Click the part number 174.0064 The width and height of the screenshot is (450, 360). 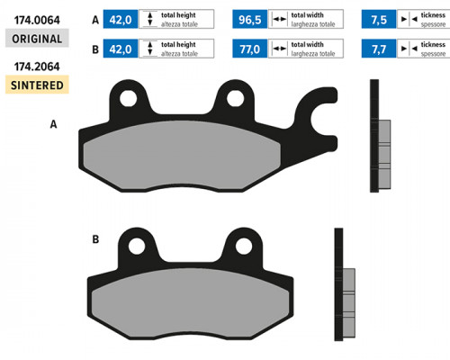pyautogui.click(x=37, y=20)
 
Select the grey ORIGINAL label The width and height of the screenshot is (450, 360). pyautogui.click(x=37, y=38)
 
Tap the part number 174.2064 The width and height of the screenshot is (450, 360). pyautogui.click(x=37, y=67)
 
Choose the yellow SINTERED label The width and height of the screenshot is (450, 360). pyautogui.click(x=37, y=85)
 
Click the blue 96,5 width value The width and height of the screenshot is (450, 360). pyautogui.click(x=249, y=19)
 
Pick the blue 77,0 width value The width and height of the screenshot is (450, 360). pyautogui.click(x=249, y=49)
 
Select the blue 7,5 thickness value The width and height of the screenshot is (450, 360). pyautogui.click(x=379, y=19)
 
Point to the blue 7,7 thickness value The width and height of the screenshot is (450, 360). pyautogui.click(x=379, y=49)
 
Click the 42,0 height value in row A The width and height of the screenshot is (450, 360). pyautogui.click(x=121, y=19)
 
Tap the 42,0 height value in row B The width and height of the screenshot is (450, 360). pyautogui.click(x=121, y=49)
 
